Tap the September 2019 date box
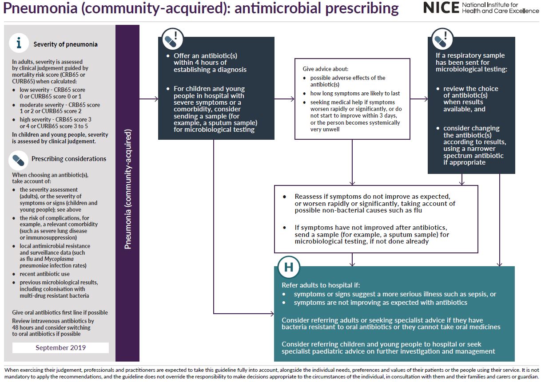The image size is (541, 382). (60, 348)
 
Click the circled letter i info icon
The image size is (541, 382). (19, 43)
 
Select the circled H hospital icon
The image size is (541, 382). (289, 267)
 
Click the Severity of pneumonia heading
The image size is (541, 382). (65, 44)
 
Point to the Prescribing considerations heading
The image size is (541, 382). (68, 159)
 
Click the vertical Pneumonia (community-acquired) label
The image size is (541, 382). (127, 189)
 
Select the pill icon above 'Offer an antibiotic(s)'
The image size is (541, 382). (172, 39)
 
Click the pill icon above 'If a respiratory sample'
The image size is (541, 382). (442, 39)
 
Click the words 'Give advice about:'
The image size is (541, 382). (326, 69)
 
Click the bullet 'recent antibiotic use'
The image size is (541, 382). (44, 274)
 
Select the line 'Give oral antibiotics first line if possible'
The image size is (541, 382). (60, 312)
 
